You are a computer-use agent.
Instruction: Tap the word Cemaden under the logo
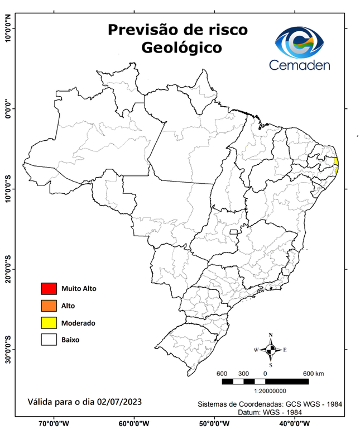point(300,65)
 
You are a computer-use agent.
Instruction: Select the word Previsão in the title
point(139,28)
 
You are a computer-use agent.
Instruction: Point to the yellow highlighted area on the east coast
point(336,163)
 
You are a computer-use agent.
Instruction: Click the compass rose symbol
point(271,350)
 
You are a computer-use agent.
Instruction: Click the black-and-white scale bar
point(265,382)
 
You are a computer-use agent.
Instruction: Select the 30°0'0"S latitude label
point(8,349)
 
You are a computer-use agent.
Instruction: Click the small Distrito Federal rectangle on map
point(232,231)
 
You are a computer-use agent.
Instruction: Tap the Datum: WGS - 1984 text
point(273,412)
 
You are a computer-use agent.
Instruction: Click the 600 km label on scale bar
point(314,373)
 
